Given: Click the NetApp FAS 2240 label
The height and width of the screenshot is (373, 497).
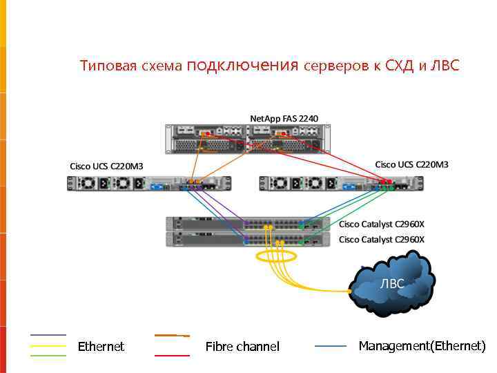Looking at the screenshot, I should [284, 118].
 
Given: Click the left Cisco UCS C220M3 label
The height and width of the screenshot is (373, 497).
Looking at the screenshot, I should [106, 166].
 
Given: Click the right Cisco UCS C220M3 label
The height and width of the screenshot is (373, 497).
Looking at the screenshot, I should [411, 164].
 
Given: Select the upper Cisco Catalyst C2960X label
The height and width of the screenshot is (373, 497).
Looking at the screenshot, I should [382, 224].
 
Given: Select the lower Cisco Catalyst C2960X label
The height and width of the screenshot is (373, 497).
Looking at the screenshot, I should [382, 239].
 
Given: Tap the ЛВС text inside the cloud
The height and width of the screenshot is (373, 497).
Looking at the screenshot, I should [392, 284].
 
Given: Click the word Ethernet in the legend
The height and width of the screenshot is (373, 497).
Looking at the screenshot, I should [101, 346].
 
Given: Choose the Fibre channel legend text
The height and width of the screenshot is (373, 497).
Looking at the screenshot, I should [242, 346].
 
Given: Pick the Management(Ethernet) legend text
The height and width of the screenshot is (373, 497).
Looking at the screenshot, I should [422, 345].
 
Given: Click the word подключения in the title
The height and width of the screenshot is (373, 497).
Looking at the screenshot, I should [242, 66].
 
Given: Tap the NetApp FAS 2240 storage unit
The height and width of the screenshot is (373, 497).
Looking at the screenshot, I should [247, 138].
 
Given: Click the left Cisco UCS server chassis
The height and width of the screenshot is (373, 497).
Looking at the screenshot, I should [148, 183].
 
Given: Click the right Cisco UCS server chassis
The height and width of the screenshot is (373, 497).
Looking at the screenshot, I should [341, 183].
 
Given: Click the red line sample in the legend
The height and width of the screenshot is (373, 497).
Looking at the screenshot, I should [172, 355].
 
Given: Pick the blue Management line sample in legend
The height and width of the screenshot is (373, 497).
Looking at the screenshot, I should [331, 345].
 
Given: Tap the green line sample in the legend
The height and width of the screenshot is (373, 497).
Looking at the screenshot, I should [48, 355].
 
